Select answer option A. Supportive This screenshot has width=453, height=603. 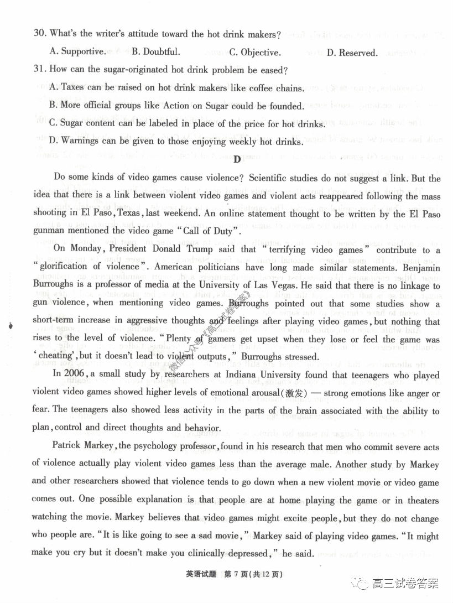click(77, 52)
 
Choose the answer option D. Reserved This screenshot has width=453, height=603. click(352, 53)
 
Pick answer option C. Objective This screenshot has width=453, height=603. click(255, 53)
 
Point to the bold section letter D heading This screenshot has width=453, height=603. click(237, 160)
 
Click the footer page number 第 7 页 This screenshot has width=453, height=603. click(239, 574)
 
